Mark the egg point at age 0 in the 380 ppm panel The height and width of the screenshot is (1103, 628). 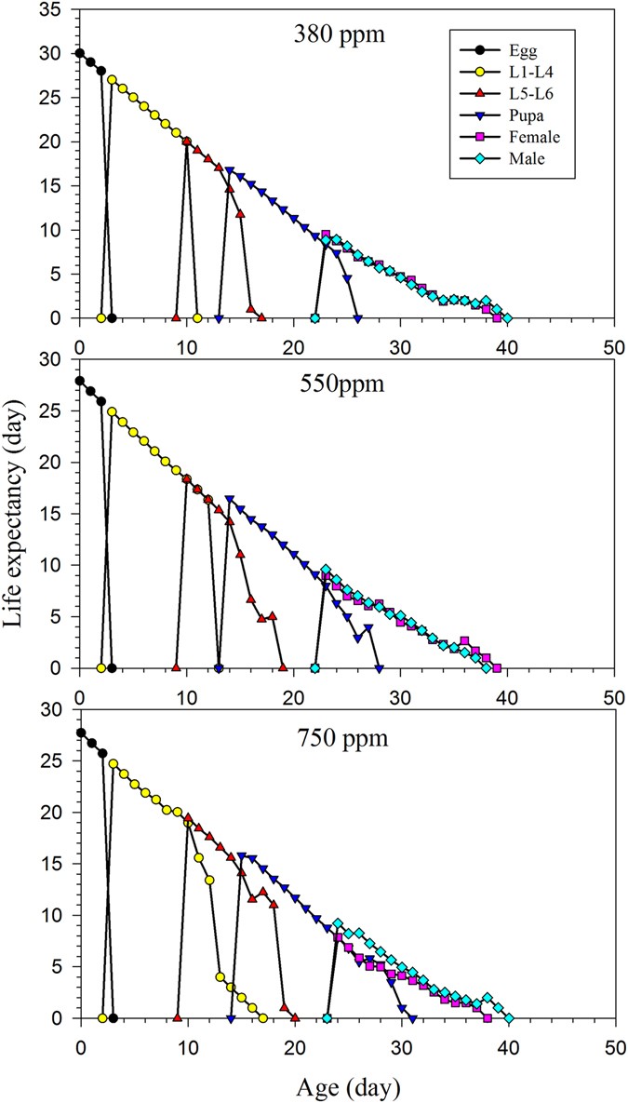click(80, 53)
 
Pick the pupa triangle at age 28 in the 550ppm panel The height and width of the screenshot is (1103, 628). click(379, 668)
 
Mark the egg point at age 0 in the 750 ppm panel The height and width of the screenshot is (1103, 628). click(80, 733)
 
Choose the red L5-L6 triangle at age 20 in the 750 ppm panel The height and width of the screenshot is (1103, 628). click(295, 1018)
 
